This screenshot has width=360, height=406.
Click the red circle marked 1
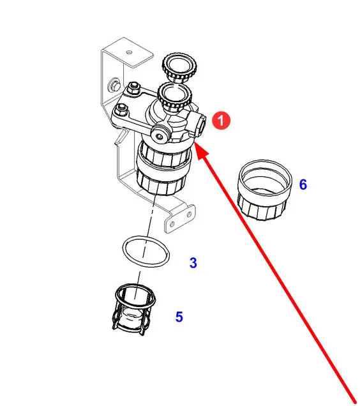point(221,121)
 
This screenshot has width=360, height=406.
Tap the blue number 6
point(303,184)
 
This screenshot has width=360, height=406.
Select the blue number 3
point(193,263)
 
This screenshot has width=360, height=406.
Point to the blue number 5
point(179,317)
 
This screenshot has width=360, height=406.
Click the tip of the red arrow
point(195,143)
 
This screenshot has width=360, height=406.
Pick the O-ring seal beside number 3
point(146,251)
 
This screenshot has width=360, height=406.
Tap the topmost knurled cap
point(179,68)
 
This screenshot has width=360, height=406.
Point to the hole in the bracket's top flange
point(129,52)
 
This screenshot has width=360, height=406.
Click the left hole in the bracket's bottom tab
point(172,224)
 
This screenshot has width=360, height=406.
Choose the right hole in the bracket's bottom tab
point(189,214)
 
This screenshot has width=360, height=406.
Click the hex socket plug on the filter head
point(160,133)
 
